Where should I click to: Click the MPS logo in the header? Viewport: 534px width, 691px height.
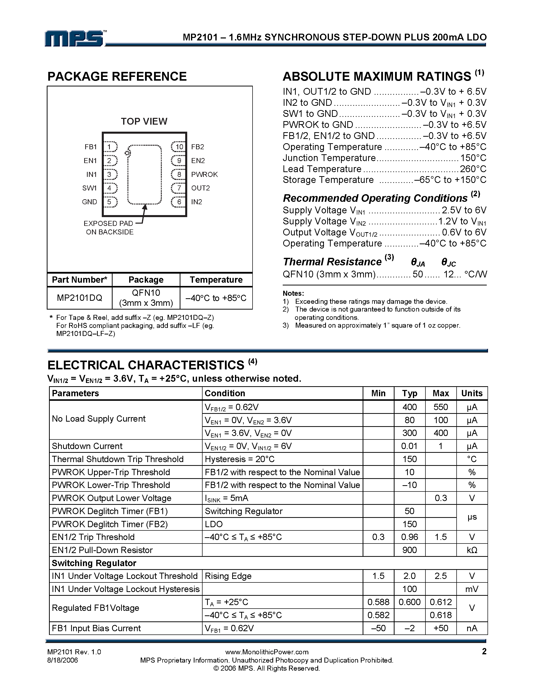click(x=75, y=39)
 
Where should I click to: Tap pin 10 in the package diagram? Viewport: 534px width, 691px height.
click(x=179, y=147)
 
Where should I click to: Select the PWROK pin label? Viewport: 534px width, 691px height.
click(x=204, y=174)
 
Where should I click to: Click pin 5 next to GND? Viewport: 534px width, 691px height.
click(x=110, y=202)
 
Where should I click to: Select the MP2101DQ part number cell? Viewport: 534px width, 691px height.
click(x=79, y=298)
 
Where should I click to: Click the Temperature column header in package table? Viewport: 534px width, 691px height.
click(x=216, y=280)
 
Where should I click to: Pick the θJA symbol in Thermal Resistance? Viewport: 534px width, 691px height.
click(x=418, y=262)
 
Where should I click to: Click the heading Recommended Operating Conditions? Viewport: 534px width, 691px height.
click(x=375, y=198)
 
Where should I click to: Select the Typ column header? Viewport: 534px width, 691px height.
click(x=409, y=393)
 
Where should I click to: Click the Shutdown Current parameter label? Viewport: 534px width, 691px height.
click(x=87, y=446)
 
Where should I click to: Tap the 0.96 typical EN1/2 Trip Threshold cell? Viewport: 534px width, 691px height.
click(x=409, y=537)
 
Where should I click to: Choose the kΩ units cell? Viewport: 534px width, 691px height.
click(x=472, y=550)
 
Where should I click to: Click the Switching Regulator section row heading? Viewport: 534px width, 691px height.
click(x=94, y=563)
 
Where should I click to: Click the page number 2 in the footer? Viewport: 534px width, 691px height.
click(x=484, y=651)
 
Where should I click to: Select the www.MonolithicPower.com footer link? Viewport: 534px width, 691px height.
click(x=267, y=652)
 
